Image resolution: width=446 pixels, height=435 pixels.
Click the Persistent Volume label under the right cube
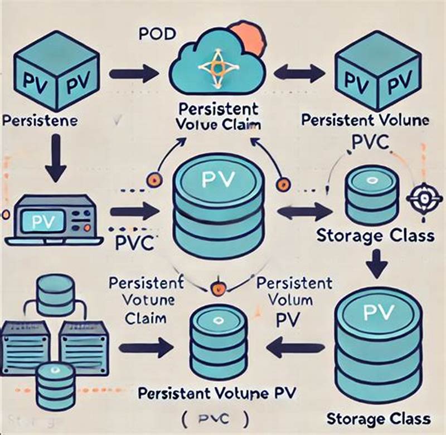pos(365,119)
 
